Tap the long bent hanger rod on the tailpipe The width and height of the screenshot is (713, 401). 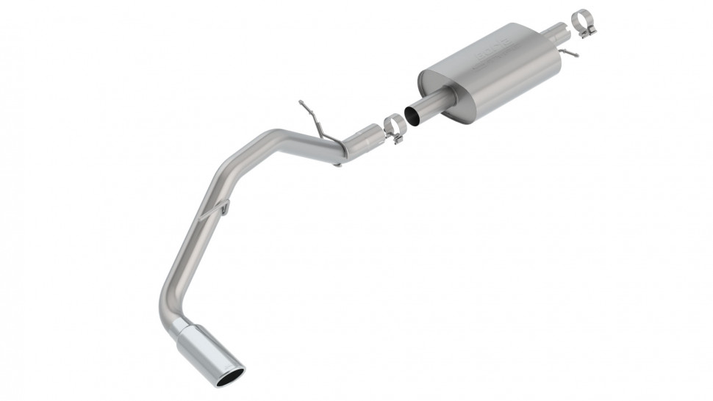313,119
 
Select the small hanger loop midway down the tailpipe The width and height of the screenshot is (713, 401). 221,210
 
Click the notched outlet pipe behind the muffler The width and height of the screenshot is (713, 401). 556,32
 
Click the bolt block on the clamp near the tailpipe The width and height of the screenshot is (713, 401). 399,137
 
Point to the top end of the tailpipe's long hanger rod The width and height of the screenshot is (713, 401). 301,101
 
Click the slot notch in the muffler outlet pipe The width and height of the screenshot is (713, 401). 563,32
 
